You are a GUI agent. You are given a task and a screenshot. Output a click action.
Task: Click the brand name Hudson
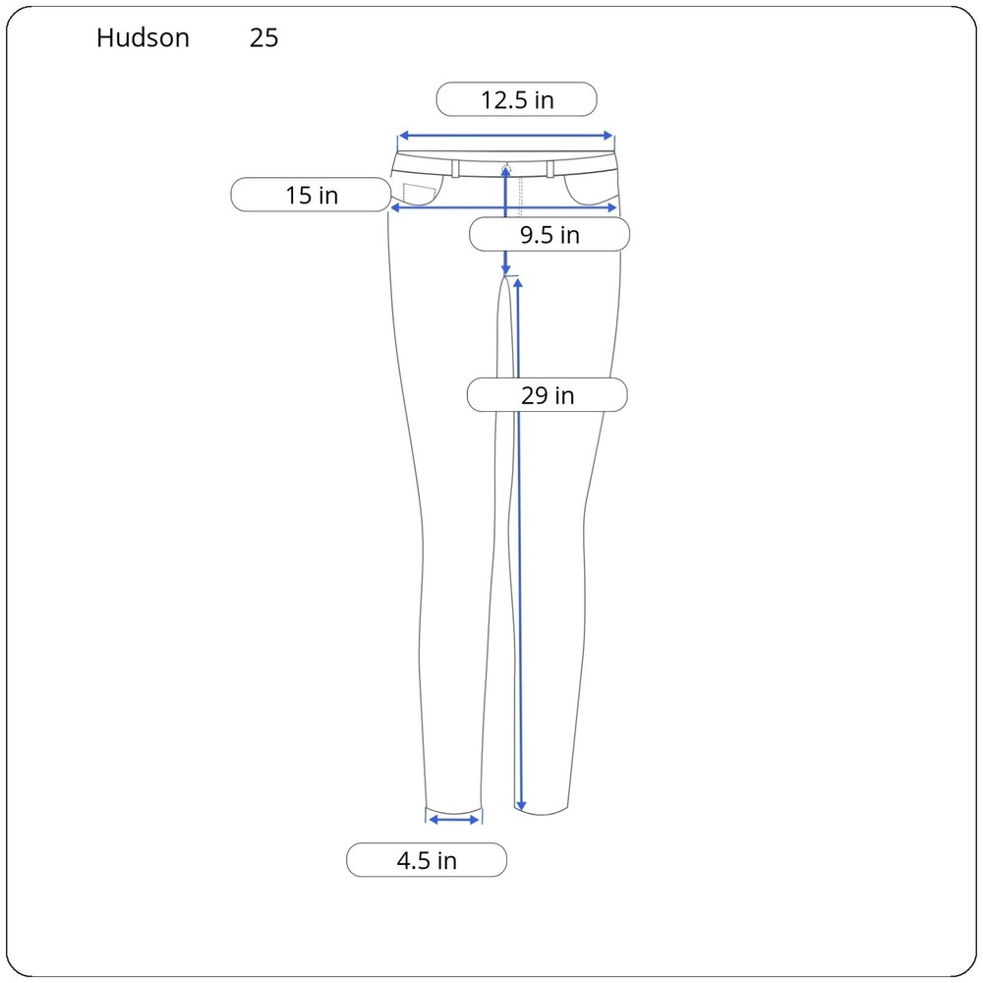pos(143,37)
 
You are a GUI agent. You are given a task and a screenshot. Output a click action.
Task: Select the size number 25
pos(263,38)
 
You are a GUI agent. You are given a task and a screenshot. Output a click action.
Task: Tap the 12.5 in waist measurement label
pos(517,99)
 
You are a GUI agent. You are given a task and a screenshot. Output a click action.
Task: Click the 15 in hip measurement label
pos(311,195)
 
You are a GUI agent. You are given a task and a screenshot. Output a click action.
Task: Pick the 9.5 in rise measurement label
pos(549,235)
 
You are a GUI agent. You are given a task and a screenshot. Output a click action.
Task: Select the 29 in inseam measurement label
pos(548,395)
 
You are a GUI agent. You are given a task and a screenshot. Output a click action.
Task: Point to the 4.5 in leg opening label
pos(427,860)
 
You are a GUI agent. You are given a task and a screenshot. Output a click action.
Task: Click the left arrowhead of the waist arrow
pos(404,136)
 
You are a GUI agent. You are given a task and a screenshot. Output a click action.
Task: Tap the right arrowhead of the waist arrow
pos(607,136)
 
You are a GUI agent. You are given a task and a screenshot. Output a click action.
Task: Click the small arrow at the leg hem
pos(454,820)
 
